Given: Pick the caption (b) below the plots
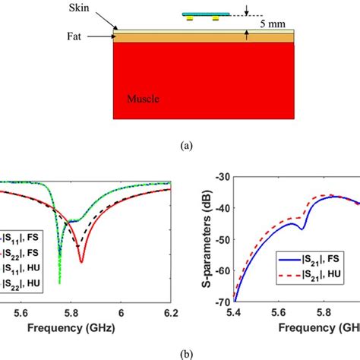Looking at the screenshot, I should [179, 352].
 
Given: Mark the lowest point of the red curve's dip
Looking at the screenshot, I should [81, 263].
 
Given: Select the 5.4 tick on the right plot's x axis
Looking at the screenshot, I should [235, 311].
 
